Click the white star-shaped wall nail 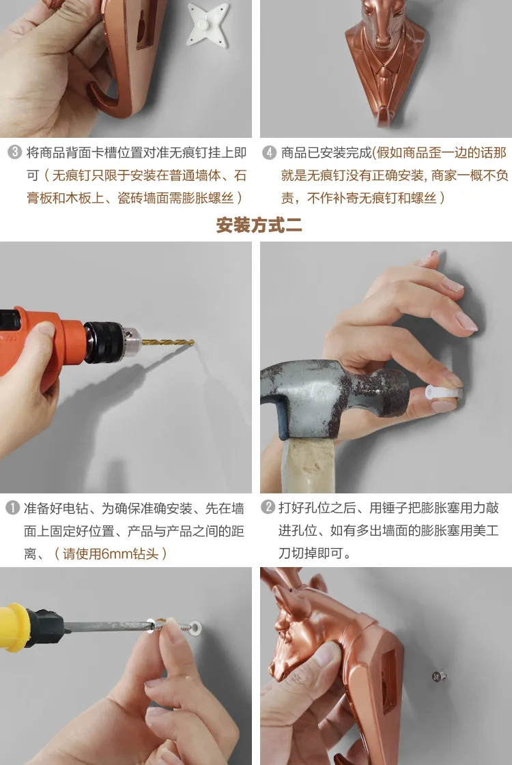click(x=208, y=25)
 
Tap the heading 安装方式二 click(x=259, y=225)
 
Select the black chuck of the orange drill click(x=110, y=341)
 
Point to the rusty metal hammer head click(x=332, y=397)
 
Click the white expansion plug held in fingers click(x=443, y=393)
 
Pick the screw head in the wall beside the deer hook click(x=439, y=676)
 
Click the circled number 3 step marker click(x=14, y=152)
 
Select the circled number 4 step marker click(x=269, y=153)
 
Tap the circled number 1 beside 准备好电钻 click(x=12, y=508)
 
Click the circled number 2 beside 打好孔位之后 click(x=268, y=508)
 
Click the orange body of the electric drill click(x=39, y=341)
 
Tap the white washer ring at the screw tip click(x=195, y=626)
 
